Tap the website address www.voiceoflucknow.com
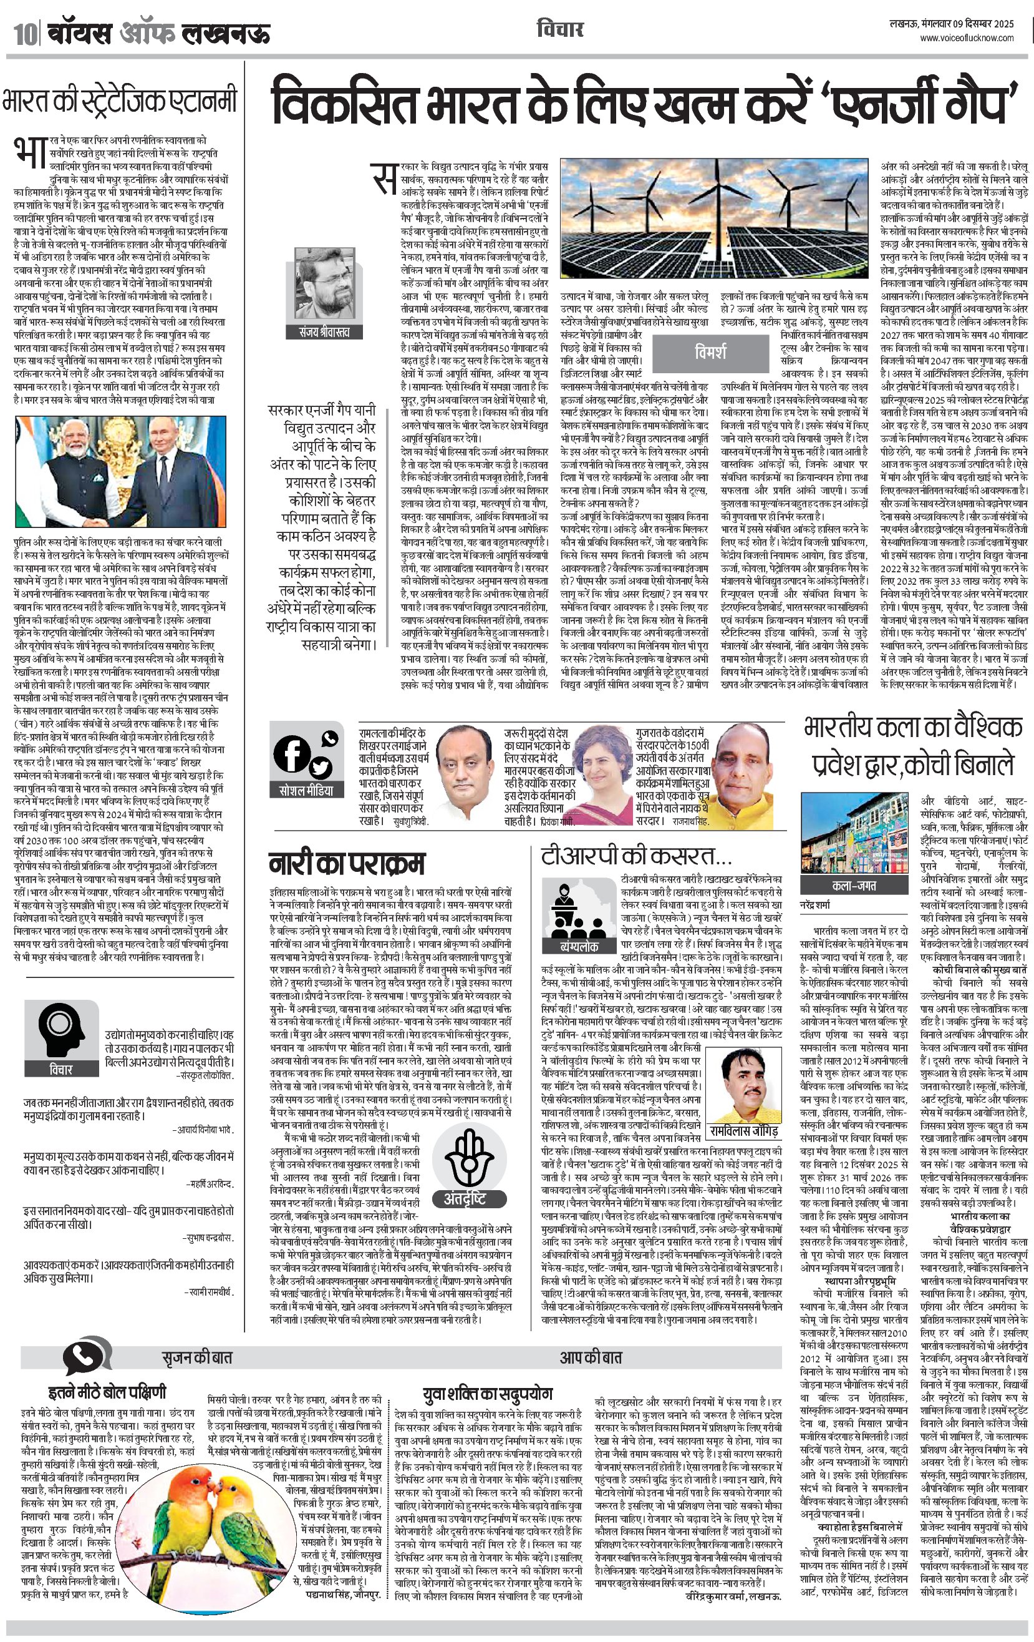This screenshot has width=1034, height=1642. tap(967, 39)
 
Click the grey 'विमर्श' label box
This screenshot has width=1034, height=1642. tap(710, 353)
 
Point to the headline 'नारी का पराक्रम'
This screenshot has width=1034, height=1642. tap(346, 863)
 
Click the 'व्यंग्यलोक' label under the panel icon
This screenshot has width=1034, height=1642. tap(579, 947)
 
